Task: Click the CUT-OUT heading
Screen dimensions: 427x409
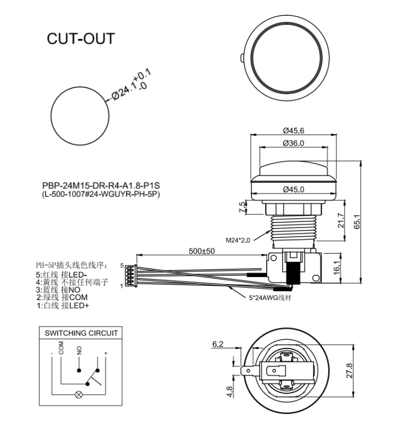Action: (81, 39)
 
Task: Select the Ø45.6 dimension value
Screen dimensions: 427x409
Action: (293, 131)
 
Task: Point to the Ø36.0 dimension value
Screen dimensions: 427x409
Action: (293, 143)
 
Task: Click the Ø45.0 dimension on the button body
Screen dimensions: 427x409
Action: (293, 189)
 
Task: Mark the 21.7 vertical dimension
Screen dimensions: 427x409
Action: (342, 221)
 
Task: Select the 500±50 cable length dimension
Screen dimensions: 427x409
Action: (202, 251)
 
